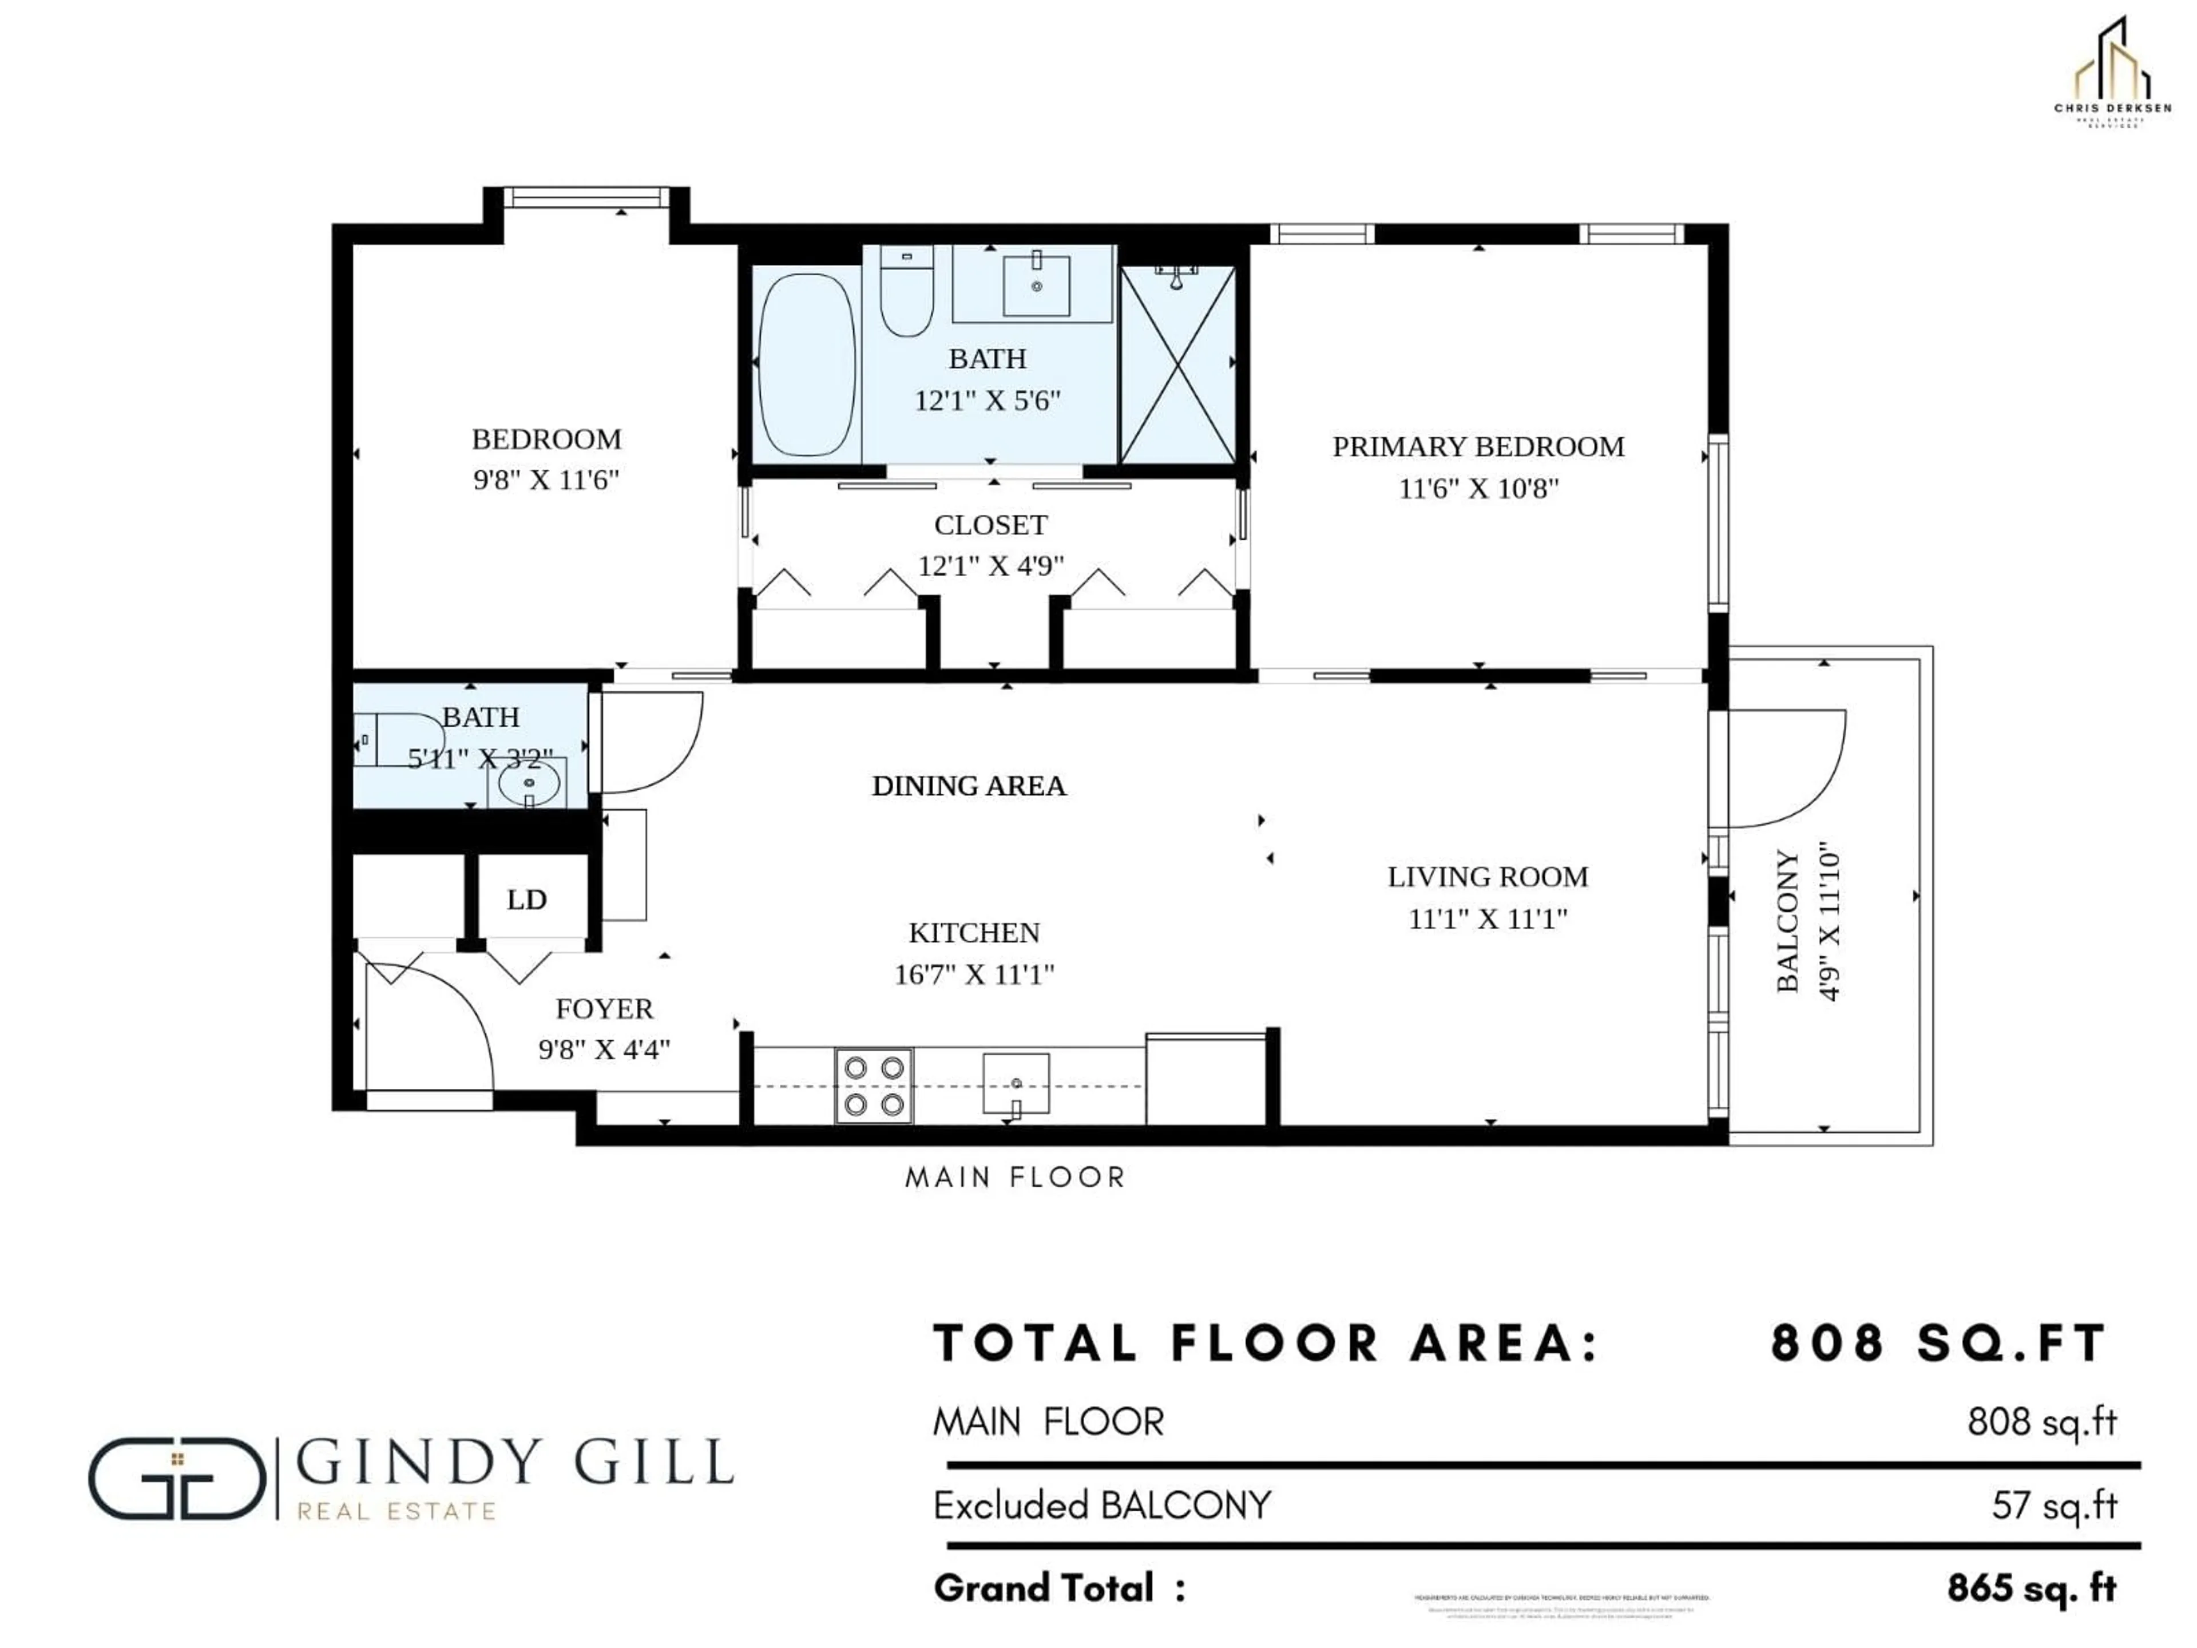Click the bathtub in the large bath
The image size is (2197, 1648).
[x=806, y=365]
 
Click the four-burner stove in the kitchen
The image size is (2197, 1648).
[x=873, y=1086]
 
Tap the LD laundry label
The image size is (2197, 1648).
[x=526, y=900]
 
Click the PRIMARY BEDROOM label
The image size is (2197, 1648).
[x=1478, y=447]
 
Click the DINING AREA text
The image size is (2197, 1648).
[x=969, y=786]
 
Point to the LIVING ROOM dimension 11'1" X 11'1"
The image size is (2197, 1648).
[x=1487, y=919]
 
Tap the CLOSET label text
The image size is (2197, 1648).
[x=990, y=525]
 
